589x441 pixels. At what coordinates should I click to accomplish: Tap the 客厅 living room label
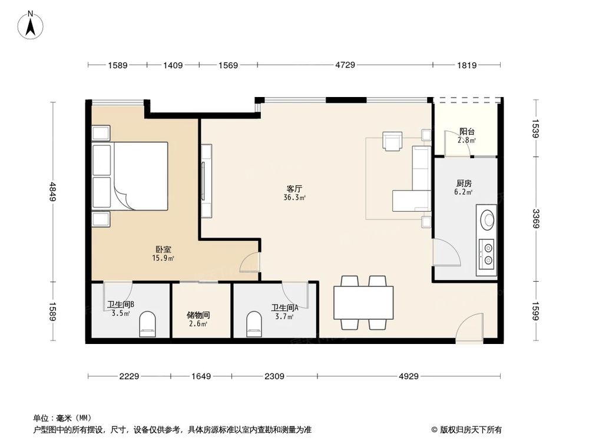[294, 189]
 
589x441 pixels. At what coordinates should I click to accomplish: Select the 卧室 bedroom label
[163, 250]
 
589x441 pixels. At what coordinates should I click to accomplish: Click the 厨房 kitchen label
[464, 183]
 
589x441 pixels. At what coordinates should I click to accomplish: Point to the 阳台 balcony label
[467, 132]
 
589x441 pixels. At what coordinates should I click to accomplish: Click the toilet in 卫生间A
[254, 323]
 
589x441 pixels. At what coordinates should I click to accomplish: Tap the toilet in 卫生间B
[148, 324]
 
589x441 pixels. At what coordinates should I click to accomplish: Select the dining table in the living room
[363, 302]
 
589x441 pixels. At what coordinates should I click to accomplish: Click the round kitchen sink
[488, 219]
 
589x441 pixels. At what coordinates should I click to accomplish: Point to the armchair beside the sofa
[392, 141]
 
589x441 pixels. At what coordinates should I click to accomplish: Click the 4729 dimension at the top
[345, 66]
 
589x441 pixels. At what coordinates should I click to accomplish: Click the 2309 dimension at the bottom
[274, 376]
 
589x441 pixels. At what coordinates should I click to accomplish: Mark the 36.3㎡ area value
[294, 198]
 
